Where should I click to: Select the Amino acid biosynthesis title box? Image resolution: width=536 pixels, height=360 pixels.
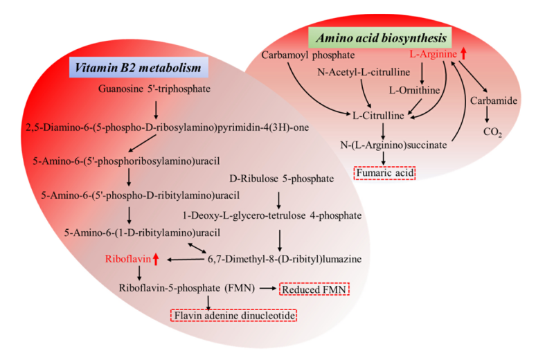point(379,36)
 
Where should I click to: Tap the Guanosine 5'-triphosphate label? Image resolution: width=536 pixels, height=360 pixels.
point(154,89)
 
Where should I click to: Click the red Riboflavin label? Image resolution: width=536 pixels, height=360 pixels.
point(127,259)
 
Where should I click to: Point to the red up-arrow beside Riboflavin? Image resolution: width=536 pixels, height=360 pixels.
point(156,259)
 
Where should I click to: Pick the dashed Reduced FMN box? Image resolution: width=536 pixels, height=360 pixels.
point(315,289)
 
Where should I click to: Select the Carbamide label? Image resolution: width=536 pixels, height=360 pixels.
point(493,101)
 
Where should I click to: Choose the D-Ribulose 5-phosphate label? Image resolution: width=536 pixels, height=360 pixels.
point(278,178)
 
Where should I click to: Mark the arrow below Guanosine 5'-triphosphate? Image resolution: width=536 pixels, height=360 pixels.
point(155,109)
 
